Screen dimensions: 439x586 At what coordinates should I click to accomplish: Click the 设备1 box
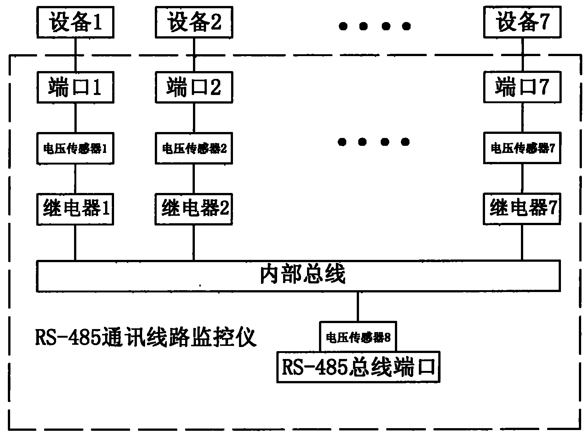pyautogui.click(x=75, y=22)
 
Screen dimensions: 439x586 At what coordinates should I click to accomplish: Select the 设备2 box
pyautogui.click(x=194, y=22)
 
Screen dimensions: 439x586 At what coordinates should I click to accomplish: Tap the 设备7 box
pyautogui.click(x=522, y=22)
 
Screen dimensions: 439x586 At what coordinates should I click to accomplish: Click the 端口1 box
pyautogui.click(x=75, y=87)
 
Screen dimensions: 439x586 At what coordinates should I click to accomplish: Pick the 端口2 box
pyautogui.click(x=194, y=87)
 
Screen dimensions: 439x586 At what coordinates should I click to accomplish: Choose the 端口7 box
pyautogui.click(x=522, y=87)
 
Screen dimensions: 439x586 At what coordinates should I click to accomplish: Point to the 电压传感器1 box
pyautogui.click(x=75, y=148)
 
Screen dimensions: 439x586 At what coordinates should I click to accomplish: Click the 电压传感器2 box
pyautogui.click(x=194, y=148)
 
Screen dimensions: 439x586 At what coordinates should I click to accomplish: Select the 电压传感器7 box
pyautogui.click(x=522, y=148)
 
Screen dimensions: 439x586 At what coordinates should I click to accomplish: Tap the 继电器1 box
pyautogui.click(x=75, y=209)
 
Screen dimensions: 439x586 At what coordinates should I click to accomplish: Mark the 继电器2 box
pyautogui.click(x=194, y=209)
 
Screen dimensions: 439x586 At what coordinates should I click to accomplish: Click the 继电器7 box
pyautogui.click(x=522, y=209)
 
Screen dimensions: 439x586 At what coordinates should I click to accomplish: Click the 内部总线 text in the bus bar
pyautogui.click(x=302, y=275)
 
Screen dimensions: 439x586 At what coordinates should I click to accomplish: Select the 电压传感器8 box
pyautogui.click(x=358, y=337)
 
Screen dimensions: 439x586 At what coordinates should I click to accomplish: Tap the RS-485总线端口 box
pyautogui.click(x=358, y=367)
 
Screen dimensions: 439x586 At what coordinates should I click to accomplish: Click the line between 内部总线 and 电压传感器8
pyautogui.click(x=358, y=306)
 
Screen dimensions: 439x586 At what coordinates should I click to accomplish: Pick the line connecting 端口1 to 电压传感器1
pyautogui.click(x=75, y=117)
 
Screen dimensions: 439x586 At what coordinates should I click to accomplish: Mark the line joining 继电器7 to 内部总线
pyautogui.click(x=522, y=242)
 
